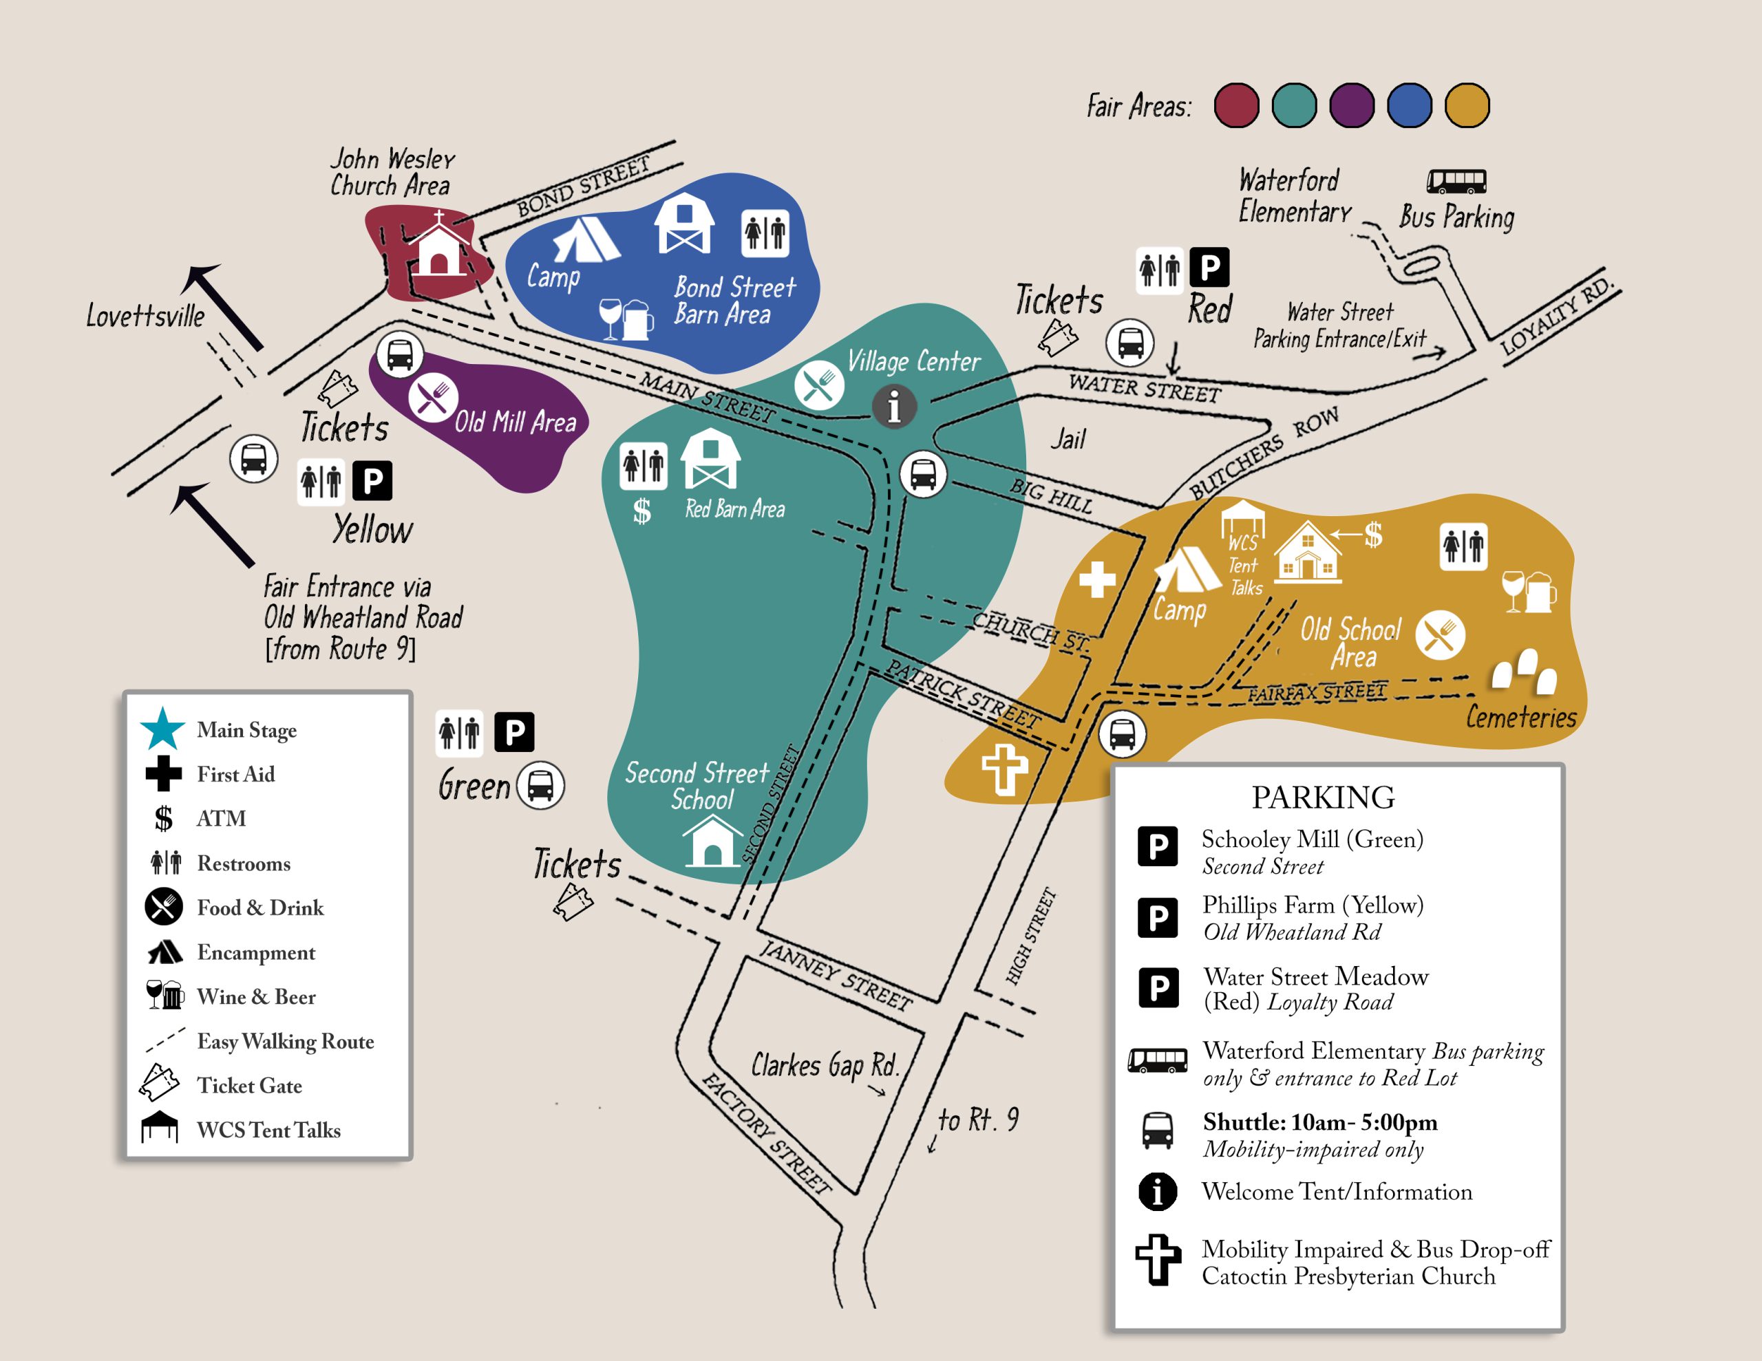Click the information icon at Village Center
point(894,405)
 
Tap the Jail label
point(1068,439)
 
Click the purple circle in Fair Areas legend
point(1351,106)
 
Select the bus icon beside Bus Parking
point(1456,181)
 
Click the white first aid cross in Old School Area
point(1096,579)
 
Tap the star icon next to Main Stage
point(163,729)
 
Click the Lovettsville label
point(145,315)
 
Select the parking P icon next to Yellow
point(372,481)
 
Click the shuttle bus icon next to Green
point(540,785)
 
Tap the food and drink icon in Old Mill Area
point(432,398)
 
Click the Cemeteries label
point(1520,716)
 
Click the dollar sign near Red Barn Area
point(641,511)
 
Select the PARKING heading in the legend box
point(1322,797)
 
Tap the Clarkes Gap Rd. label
point(824,1065)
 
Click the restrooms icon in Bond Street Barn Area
point(764,233)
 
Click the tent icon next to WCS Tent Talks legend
point(159,1127)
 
